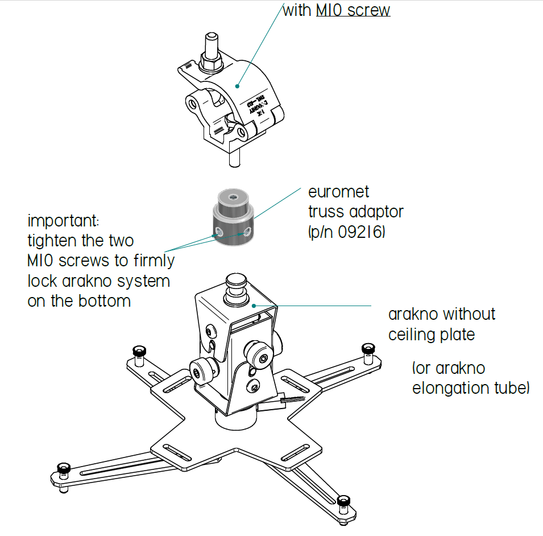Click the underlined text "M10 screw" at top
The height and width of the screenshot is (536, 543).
tap(353, 10)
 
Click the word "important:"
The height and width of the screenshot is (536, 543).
tap(66, 220)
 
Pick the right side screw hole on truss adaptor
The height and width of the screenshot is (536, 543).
tap(246, 232)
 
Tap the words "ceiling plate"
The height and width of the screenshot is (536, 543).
tap(432, 334)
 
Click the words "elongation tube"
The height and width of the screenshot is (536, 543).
tap(470, 389)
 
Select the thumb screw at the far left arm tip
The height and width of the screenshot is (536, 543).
tap(138, 351)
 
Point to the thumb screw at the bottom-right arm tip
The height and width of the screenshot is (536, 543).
tap(342, 502)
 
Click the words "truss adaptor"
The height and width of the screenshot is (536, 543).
tap(355, 212)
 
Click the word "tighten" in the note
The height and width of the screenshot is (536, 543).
tap(53, 240)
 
